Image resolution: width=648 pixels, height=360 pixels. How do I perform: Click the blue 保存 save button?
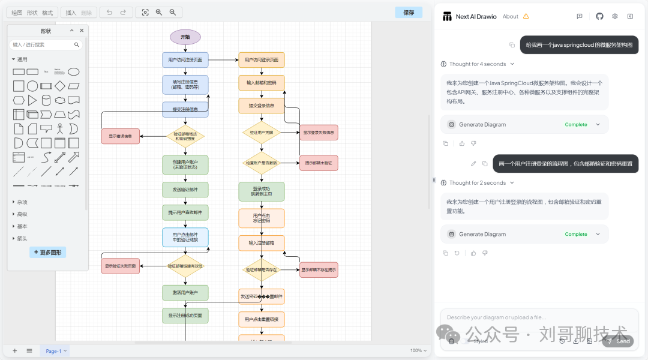[x=409, y=12]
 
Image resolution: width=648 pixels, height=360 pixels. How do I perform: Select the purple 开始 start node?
[x=185, y=37]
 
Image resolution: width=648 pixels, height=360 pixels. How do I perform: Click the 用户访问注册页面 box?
[x=185, y=60]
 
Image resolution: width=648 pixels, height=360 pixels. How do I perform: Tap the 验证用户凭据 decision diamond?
[x=261, y=132]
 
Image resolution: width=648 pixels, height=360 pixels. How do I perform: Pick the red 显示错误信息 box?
[x=121, y=136]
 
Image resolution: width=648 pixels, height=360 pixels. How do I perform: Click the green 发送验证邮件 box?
[x=185, y=190]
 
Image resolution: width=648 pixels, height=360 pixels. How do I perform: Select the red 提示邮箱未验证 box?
[x=318, y=163]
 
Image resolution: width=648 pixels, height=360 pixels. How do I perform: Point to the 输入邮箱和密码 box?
[x=261, y=83]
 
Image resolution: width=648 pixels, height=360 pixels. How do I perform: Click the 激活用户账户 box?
[x=185, y=293]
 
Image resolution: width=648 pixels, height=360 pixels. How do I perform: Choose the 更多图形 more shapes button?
[x=48, y=253]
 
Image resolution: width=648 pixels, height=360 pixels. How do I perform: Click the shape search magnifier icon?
[x=77, y=44]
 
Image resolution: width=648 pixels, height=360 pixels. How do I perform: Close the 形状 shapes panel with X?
[x=82, y=31]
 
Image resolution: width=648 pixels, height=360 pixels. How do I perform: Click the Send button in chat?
[x=618, y=341]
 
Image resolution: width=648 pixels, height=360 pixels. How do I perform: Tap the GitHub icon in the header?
[x=599, y=16]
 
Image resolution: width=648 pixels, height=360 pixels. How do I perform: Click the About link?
[x=511, y=17]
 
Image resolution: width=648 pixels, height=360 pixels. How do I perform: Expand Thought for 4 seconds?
[x=478, y=64]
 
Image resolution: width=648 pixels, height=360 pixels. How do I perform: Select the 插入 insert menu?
[x=71, y=13]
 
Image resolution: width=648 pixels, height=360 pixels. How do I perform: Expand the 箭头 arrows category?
[x=22, y=239]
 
